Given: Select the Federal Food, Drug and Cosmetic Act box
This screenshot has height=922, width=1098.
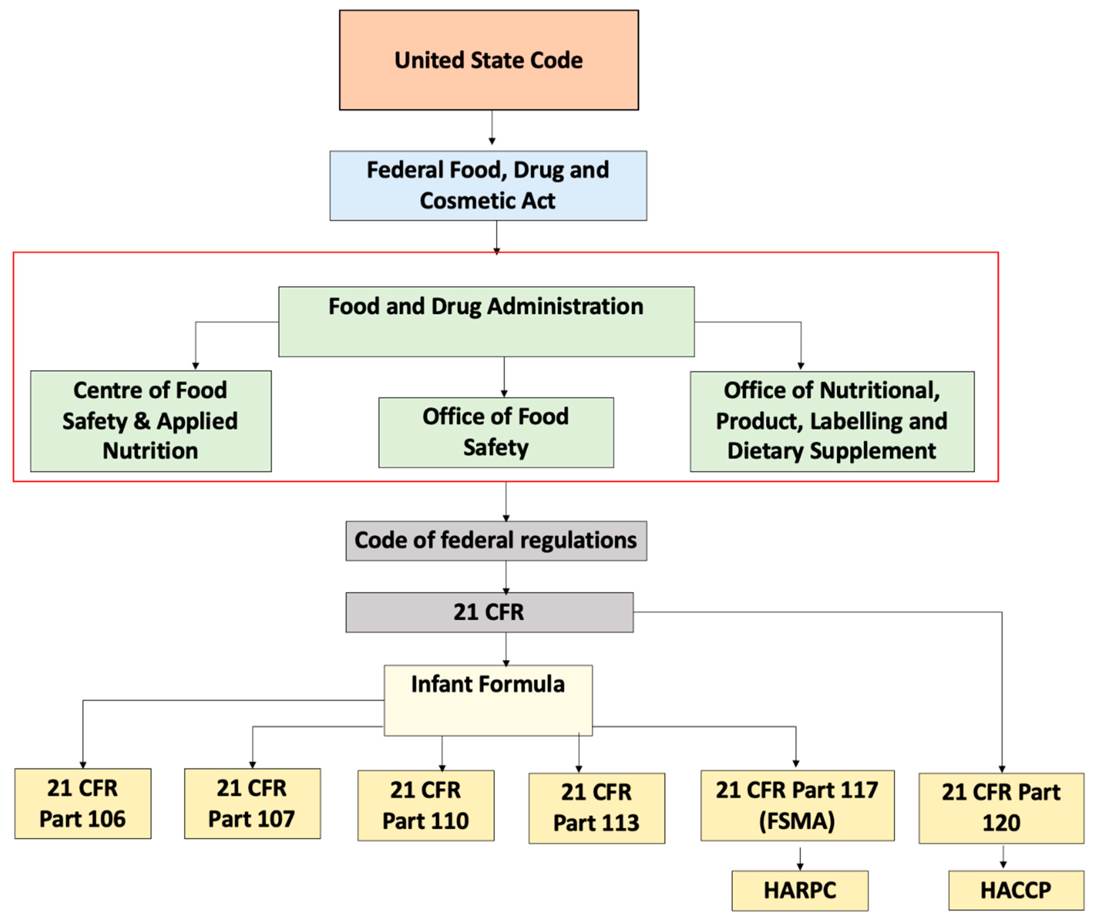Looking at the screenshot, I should coord(488,186).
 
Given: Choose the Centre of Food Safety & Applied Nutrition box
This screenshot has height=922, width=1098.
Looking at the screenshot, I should coord(150,421).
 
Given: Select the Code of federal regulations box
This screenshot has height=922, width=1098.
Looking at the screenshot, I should coord(496,540).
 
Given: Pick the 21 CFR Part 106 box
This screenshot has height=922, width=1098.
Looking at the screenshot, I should coord(83,803).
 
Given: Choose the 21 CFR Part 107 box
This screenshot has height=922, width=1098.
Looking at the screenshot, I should coord(252,803).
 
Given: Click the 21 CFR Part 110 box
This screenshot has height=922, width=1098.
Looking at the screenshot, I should coord(426,805).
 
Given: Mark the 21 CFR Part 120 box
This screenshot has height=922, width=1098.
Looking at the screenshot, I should coord(1001,808).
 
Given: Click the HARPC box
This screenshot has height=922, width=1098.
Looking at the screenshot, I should coord(800,890).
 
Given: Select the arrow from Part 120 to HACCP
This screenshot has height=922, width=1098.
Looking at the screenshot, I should coord(1002,857).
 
